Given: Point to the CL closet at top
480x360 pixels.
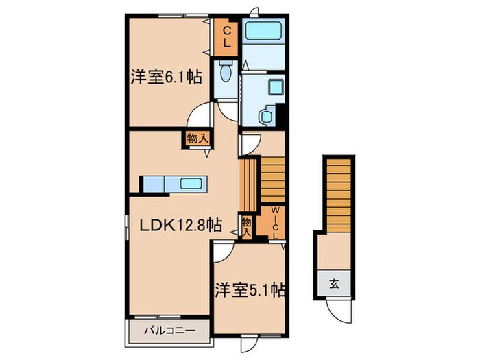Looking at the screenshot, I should (x=226, y=36).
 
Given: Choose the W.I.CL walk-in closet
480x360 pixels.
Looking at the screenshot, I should (x=274, y=224).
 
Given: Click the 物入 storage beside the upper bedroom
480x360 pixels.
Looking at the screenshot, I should (x=197, y=138).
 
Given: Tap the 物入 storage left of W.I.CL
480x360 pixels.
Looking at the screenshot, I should (x=246, y=226).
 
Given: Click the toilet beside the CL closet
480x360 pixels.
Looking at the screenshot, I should (x=224, y=73).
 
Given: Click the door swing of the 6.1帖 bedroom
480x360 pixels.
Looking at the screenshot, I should (x=203, y=114).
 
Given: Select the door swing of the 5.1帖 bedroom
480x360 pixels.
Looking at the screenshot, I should (x=222, y=254).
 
